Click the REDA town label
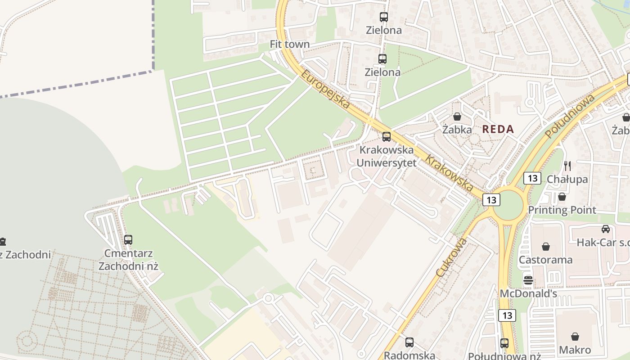point(498,129)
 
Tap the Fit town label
point(290,44)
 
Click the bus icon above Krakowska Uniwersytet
point(386,137)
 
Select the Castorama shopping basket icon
point(546,247)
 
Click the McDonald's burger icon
point(528,281)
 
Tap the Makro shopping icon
point(575,337)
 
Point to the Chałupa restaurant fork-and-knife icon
point(567,166)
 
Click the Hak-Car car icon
point(606,229)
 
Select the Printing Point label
point(562,210)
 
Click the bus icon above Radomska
point(409,342)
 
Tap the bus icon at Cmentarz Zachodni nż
point(128,240)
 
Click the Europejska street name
point(325,89)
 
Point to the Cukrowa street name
point(451,257)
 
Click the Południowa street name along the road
point(570,116)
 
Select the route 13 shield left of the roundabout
point(491,199)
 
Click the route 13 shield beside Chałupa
point(532,178)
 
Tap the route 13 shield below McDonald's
point(507,315)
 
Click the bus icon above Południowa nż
point(504,343)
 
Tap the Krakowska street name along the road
point(449,173)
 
